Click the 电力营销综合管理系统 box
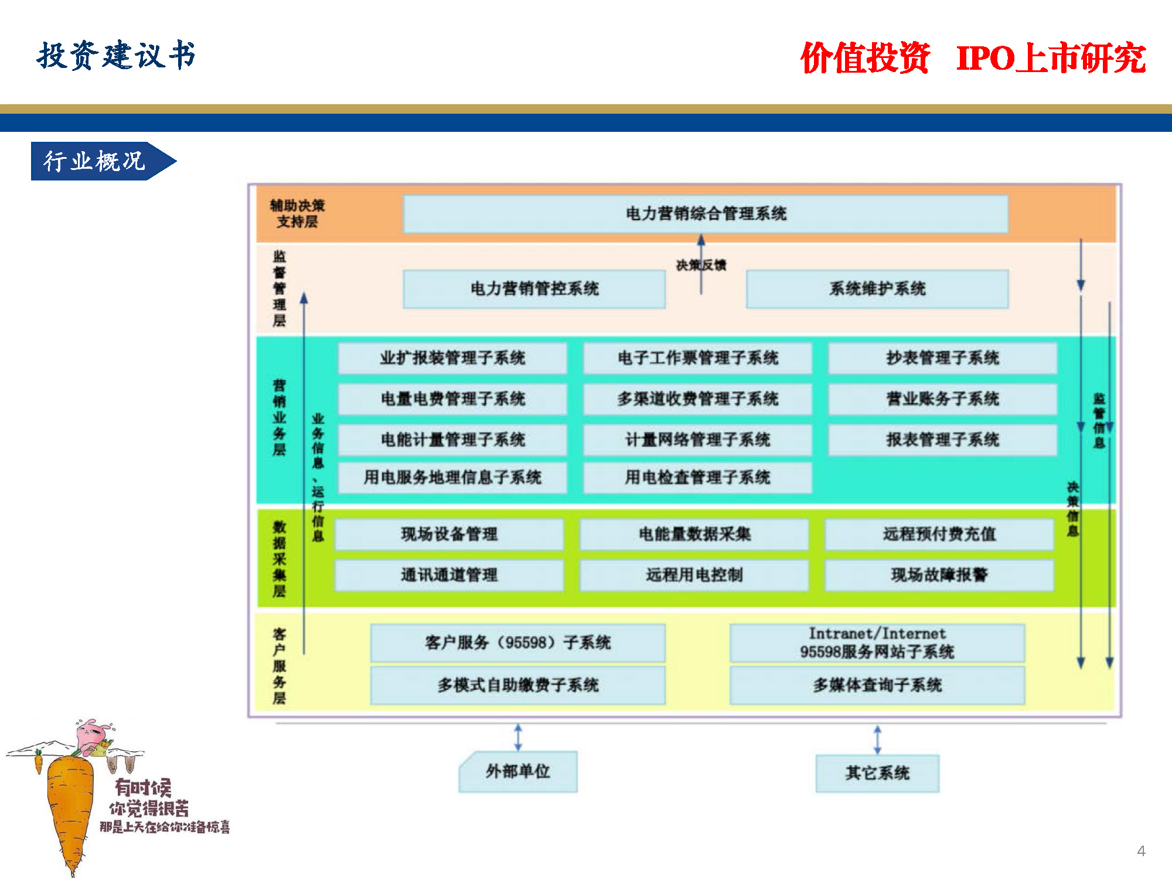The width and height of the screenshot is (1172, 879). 706,214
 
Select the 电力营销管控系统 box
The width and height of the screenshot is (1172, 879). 534,289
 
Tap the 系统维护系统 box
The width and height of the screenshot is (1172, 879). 877,289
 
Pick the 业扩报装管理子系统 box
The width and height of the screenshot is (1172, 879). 452,358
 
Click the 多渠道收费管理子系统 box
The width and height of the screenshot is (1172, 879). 697,399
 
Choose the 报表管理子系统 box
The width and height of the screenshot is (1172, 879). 942,439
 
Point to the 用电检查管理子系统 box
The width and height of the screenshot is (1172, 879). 697,478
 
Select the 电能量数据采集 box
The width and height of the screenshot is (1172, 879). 694,534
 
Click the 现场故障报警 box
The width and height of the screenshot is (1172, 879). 939,575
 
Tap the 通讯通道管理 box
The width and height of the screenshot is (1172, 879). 449,575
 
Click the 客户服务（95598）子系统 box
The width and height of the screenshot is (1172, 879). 517,643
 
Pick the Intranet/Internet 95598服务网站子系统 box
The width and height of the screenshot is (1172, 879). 877,643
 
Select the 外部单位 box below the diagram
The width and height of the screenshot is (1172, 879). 518,772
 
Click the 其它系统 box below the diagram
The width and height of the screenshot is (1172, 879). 877,774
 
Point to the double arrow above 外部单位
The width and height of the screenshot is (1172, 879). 518,738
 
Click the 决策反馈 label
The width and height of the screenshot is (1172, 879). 701,265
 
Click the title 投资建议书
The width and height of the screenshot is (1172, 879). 116,56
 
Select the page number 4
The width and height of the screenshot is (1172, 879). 1141,851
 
